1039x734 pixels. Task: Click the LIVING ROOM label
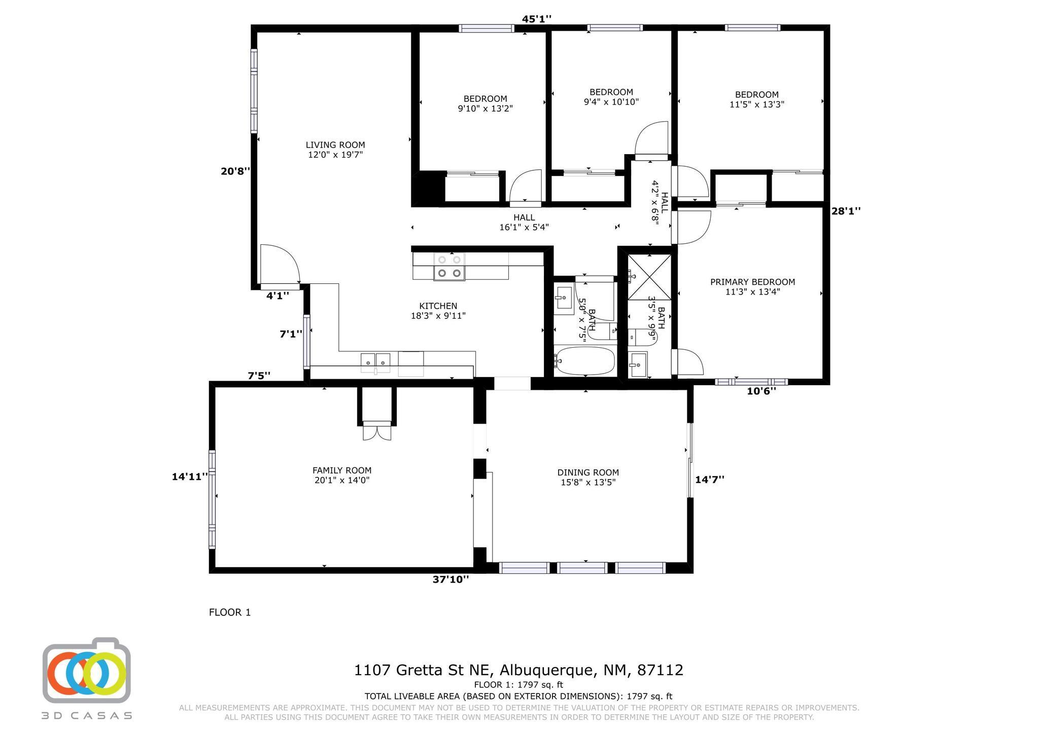[x=335, y=145]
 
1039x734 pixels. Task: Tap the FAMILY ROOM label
[x=342, y=470]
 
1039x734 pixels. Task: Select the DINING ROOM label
[x=588, y=472]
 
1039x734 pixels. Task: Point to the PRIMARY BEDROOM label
[x=752, y=282]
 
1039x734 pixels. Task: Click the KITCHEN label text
[x=438, y=306]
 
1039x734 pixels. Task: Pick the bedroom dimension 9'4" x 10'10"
[x=611, y=101]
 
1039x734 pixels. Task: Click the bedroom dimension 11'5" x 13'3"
[x=757, y=104]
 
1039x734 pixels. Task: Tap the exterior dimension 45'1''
[x=537, y=19]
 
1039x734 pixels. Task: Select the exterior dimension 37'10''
[x=451, y=579]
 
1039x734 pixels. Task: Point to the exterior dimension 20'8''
[x=235, y=171]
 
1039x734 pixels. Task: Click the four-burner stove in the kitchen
[x=449, y=267]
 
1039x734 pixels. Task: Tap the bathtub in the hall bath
[x=584, y=361]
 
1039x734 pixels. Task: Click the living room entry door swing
[x=280, y=264]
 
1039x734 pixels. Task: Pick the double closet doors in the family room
[x=377, y=430]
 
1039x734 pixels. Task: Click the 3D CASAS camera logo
[x=87, y=671]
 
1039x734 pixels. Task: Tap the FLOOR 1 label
[x=230, y=612]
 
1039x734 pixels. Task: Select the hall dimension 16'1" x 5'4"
[x=524, y=227]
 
